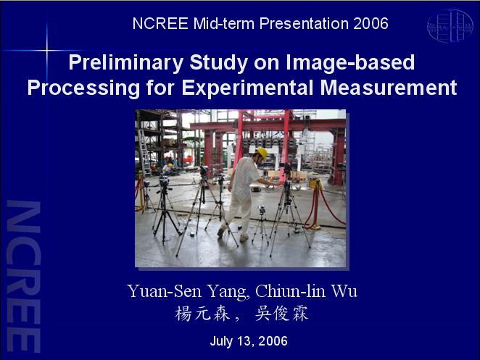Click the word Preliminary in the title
(x=126, y=63)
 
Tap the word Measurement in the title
(x=389, y=88)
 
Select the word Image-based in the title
(x=350, y=63)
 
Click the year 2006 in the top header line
(x=371, y=24)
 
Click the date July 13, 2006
(x=249, y=340)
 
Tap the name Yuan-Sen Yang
(x=187, y=291)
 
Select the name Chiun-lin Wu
(x=306, y=291)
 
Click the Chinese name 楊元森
(x=202, y=314)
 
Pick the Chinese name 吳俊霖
(x=282, y=314)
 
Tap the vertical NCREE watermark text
(x=23, y=276)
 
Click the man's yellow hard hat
(x=262, y=153)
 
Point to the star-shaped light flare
(x=47, y=50)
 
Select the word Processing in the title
(x=83, y=88)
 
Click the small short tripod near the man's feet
(x=261, y=225)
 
